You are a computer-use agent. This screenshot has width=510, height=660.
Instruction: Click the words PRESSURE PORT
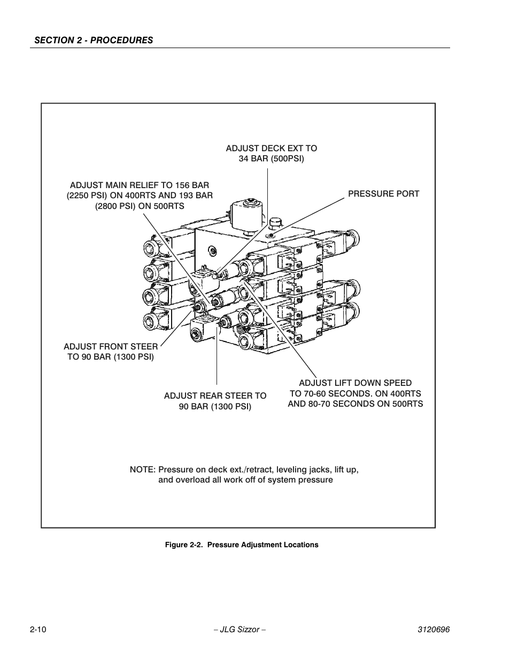click(x=383, y=193)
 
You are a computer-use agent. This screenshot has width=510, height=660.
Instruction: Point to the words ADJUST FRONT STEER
click(x=111, y=346)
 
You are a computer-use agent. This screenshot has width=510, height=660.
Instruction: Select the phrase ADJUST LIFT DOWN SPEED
click(x=355, y=383)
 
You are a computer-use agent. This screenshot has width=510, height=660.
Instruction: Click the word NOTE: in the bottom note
click(x=143, y=469)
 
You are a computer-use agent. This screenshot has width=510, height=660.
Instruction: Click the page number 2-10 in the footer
click(x=38, y=630)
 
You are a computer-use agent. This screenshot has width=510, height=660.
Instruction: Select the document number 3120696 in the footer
click(x=433, y=630)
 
